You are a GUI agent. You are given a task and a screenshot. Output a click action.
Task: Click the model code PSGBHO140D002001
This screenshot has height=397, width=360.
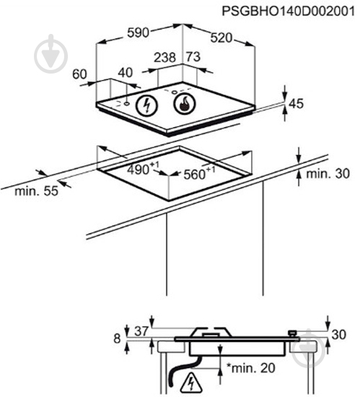[289, 11]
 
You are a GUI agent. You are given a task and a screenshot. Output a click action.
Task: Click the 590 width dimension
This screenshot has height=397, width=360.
[138, 32]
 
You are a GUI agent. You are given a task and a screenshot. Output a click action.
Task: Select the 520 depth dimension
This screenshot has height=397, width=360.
[221, 38]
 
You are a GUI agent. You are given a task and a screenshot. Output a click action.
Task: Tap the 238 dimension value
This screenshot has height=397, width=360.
[165, 57]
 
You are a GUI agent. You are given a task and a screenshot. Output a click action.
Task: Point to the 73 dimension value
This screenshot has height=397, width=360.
[193, 57]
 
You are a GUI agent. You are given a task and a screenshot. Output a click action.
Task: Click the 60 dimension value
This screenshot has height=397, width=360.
[79, 74]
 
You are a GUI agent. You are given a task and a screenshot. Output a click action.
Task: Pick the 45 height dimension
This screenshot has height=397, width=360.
[296, 103]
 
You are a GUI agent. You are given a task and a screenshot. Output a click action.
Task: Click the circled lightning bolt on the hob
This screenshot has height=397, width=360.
[146, 105]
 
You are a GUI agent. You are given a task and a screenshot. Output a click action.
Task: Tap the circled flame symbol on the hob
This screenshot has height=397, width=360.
[185, 103]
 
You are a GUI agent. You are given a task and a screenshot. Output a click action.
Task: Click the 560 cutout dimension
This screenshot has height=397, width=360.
[199, 173]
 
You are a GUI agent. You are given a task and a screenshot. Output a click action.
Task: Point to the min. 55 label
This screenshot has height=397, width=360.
[36, 191]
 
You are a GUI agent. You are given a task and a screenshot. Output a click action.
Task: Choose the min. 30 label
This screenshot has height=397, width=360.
[328, 174]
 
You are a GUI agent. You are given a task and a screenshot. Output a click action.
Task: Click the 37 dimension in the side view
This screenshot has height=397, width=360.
[141, 331]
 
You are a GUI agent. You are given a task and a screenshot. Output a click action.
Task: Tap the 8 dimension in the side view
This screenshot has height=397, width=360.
[117, 339]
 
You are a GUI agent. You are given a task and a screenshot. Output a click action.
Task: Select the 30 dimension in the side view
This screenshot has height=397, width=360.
[338, 335]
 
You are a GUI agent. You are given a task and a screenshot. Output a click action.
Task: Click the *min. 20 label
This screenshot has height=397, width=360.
[251, 368]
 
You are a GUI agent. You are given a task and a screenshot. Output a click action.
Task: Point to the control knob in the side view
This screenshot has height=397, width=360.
[293, 333]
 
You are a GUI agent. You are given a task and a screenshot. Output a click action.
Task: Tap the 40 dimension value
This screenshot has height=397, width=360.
[126, 73]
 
